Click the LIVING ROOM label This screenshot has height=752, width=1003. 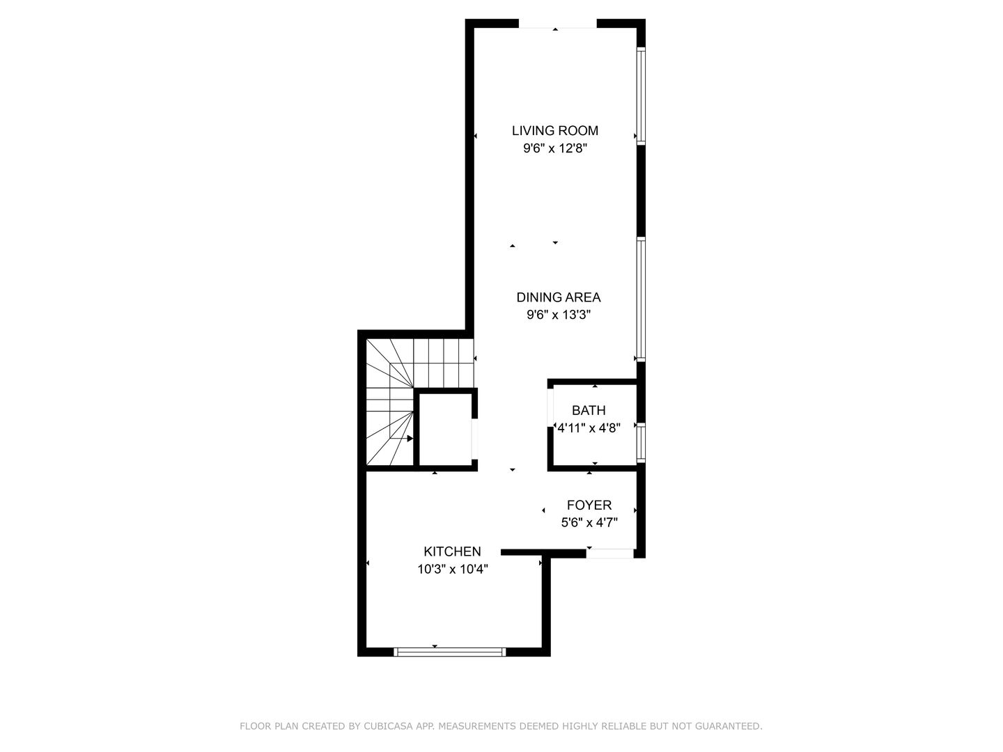pos(554,130)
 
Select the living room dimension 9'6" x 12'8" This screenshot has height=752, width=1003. pos(554,148)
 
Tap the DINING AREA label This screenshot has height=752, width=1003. pos(558,297)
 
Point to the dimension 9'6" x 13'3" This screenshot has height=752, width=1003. pos(558,315)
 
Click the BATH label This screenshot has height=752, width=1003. pos(589,411)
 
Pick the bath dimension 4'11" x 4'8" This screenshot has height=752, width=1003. pos(589,428)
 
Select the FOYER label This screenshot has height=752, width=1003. pos(589,506)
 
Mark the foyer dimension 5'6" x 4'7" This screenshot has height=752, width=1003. pos(589,523)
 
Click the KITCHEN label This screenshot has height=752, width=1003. pos(452,551)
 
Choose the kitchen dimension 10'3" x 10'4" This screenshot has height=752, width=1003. pos(452,570)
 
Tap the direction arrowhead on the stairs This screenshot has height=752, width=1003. pos(410,439)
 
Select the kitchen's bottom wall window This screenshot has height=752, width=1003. pos(449,652)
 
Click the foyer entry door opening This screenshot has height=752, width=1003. pos(610,554)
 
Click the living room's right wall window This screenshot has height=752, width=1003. pos(641,95)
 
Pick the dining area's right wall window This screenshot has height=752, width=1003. pos(641,299)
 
